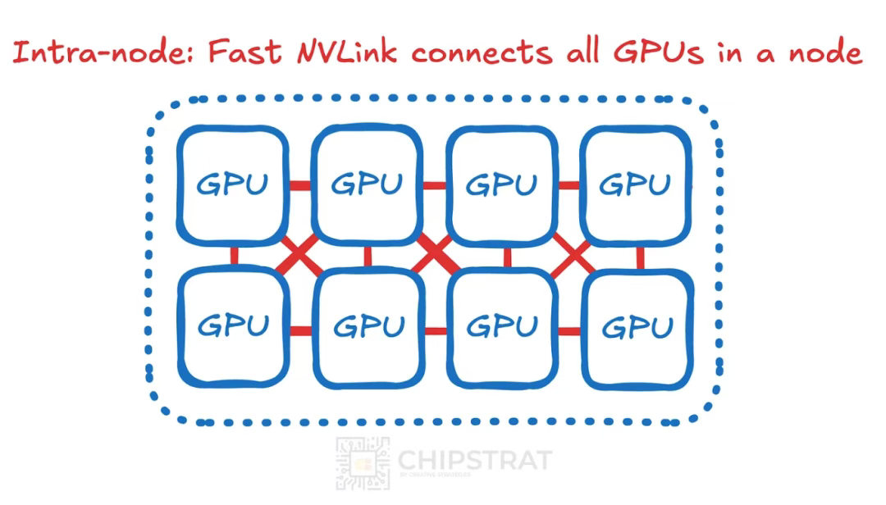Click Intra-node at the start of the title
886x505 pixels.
[x=103, y=53]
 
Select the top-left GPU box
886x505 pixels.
[x=233, y=185]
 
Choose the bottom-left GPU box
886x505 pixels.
[x=233, y=327]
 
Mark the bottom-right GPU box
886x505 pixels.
[x=637, y=328]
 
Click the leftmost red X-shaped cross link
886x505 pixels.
[x=299, y=257]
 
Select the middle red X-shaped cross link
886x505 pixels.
[x=435, y=256]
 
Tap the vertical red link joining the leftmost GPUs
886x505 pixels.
[x=234, y=256]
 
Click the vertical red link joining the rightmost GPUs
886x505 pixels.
[x=640, y=257]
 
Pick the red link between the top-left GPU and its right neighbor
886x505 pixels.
[x=300, y=185]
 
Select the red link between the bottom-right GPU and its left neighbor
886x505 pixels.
[x=569, y=330]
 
